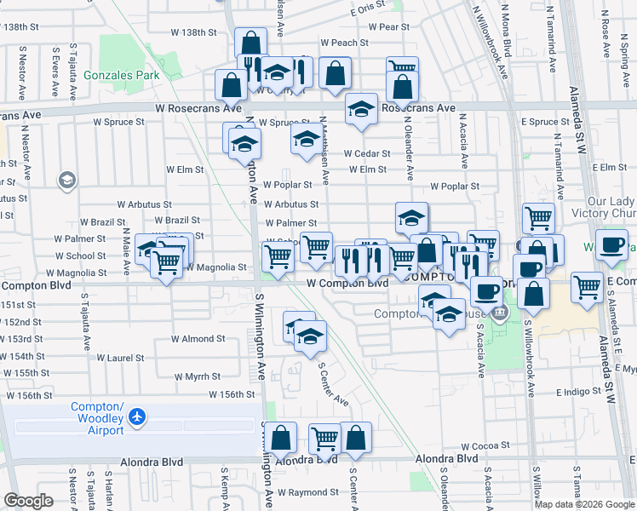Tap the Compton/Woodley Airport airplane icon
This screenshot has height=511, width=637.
tap(136, 417)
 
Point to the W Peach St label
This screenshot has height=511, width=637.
tap(344, 43)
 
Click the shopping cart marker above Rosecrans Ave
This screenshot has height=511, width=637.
tap(402, 69)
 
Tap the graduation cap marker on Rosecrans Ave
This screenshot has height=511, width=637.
tap(362, 109)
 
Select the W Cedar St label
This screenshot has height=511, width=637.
tap(367, 154)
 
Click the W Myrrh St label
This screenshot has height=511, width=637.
tap(197, 376)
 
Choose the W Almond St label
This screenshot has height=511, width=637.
tap(198, 339)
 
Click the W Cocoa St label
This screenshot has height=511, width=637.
tap(485, 446)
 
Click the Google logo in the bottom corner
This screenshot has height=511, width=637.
tap(29, 501)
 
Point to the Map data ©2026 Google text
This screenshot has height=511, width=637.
tap(583, 504)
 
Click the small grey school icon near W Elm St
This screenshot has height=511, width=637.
tap(66, 181)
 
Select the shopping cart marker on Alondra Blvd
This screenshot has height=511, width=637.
tap(324, 439)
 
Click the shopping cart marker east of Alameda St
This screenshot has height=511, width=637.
tap(588, 286)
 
